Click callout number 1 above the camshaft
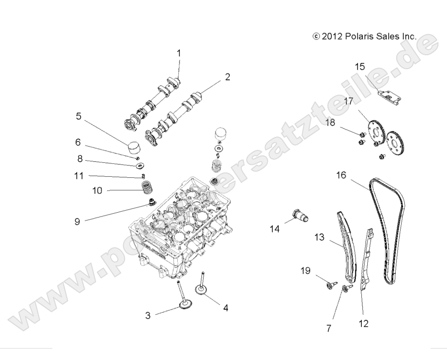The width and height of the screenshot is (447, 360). point(179,53)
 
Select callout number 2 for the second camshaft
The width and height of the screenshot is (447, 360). point(227,77)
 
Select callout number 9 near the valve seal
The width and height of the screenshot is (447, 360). point(77,221)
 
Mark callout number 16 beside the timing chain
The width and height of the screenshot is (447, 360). point(341,175)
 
